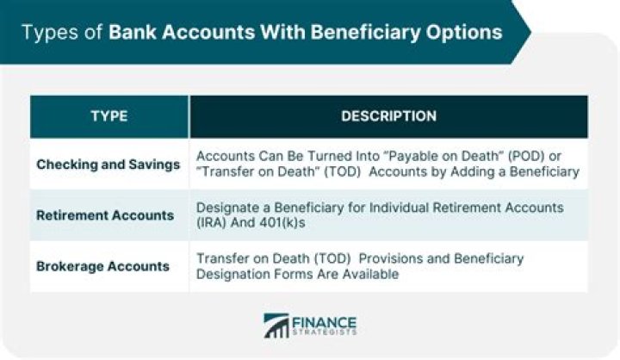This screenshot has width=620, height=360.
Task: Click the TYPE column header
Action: click(x=109, y=116)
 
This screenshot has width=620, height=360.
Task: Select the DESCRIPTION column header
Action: click(x=388, y=116)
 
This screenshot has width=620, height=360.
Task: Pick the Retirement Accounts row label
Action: click(x=105, y=215)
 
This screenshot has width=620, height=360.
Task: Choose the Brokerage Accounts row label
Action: click(x=102, y=266)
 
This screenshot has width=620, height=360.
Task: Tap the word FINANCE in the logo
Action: click(x=324, y=322)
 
